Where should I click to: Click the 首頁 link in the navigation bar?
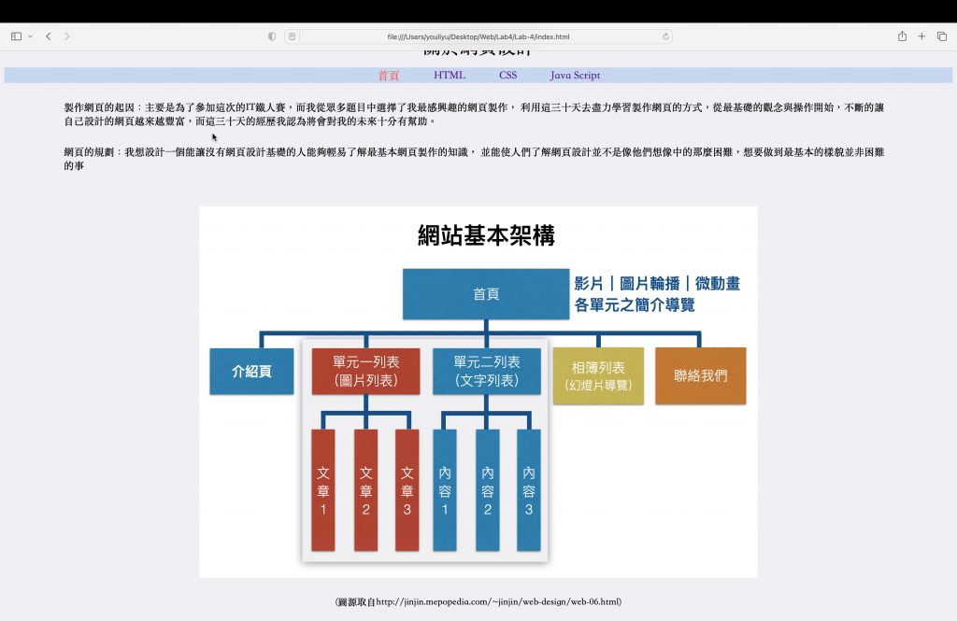pyautogui.click(x=389, y=76)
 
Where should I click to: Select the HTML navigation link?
pyautogui.click(x=450, y=76)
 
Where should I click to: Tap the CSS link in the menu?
pyautogui.click(x=507, y=76)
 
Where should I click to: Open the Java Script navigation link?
pyautogui.click(x=575, y=76)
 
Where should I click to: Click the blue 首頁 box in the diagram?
pyautogui.click(x=486, y=294)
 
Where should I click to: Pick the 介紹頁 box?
pyautogui.click(x=251, y=371)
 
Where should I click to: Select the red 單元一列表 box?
pyautogui.click(x=365, y=371)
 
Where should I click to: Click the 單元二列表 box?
pyautogui.click(x=487, y=371)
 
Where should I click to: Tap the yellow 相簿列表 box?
pyautogui.click(x=598, y=375)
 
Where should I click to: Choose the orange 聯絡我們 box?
pyautogui.click(x=700, y=375)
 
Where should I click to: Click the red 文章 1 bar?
pyautogui.click(x=323, y=489)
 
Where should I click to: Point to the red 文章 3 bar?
pyautogui.click(x=407, y=489)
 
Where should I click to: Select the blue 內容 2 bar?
pyautogui.click(x=487, y=489)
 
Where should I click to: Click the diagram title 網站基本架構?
pyautogui.click(x=486, y=235)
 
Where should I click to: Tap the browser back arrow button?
pyautogui.click(x=48, y=36)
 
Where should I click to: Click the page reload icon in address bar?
pyautogui.click(x=665, y=36)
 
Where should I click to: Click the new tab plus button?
pyautogui.click(x=921, y=36)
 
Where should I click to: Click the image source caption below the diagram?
pyautogui.click(x=478, y=602)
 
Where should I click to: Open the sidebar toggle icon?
pyautogui.click(x=16, y=36)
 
